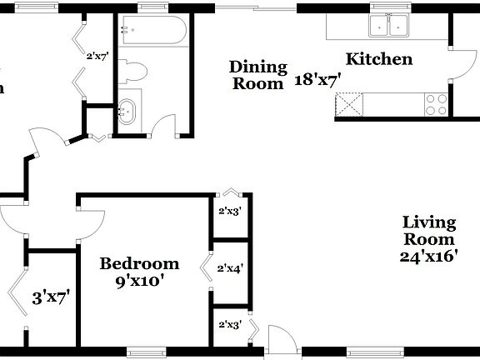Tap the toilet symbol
pos(133,72)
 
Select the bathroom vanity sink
pos(127,111)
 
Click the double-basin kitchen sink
pos(389,27)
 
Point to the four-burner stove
pos(436,104)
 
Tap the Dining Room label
pos(258,74)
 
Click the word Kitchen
pos(379,59)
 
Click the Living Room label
pos(429,231)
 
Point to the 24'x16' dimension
pos(429,257)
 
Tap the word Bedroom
pos(139,264)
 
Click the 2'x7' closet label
pos(97,57)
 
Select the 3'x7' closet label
pos(50,296)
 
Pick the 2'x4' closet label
pos(230,268)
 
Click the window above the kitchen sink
pos(389,7)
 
